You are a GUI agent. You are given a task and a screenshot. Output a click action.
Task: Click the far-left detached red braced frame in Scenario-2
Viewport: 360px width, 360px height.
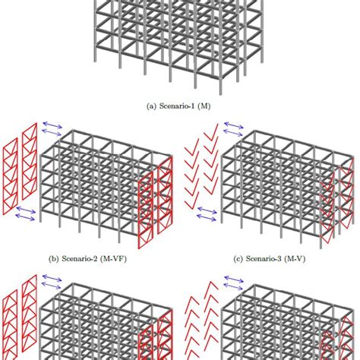click(x=11, y=190)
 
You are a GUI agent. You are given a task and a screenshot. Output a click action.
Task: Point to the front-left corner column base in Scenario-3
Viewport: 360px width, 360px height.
click(x=223, y=226)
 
